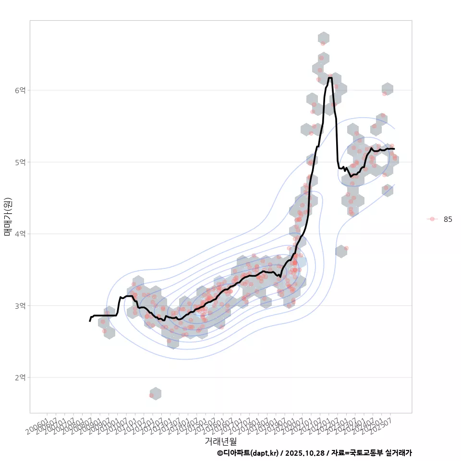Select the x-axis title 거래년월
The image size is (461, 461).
point(220,441)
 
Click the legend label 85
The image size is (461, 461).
point(448,219)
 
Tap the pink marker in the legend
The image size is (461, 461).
point(432,219)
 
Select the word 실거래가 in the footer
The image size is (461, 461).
point(398,453)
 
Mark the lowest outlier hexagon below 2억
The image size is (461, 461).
point(155,394)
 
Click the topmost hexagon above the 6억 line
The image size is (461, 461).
point(324,38)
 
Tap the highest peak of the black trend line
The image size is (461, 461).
point(330,77)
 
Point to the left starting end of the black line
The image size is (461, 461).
point(90,321)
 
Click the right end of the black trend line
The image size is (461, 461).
point(394,149)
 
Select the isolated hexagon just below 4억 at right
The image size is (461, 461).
point(341,251)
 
